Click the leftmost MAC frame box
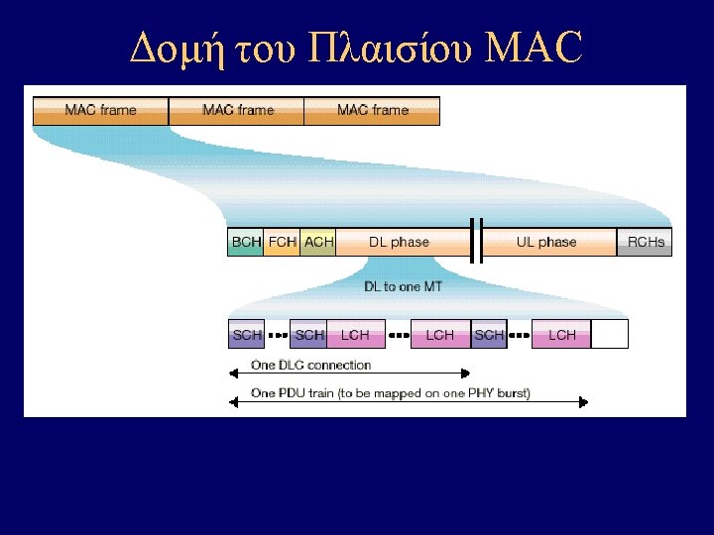(x=101, y=110)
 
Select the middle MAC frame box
(x=237, y=110)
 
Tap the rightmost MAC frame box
(x=372, y=110)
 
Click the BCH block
(x=246, y=242)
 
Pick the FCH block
(x=282, y=242)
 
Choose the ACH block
(x=318, y=242)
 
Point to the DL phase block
(x=400, y=242)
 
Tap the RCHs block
(x=645, y=242)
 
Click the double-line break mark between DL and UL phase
(x=476, y=242)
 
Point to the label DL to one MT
(x=403, y=286)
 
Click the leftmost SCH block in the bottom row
(x=246, y=335)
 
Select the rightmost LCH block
(x=561, y=335)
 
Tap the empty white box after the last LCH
(x=610, y=335)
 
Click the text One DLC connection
(x=310, y=365)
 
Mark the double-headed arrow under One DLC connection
(x=349, y=374)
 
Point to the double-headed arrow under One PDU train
(x=408, y=402)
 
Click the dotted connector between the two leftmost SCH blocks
(x=277, y=335)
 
